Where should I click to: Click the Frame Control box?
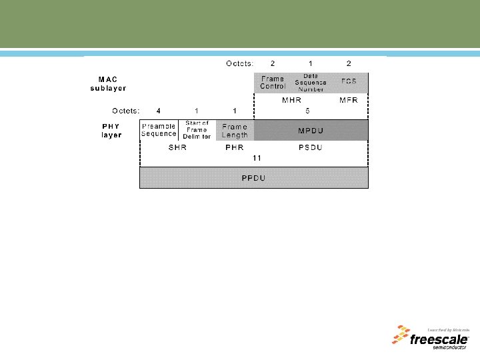click(x=273, y=83)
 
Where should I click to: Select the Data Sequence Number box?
click(x=310, y=83)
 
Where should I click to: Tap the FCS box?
click(x=349, y=83)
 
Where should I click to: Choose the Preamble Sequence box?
click(x=159, y=129)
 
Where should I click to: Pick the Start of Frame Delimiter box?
click(x=197, y=129)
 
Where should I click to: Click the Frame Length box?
click(x=235, y=129)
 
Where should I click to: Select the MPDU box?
click(x=311, y=129)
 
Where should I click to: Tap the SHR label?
click(x=177, y=147)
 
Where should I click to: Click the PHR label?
click(x=234, y=147)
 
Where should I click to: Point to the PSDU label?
click(x=311, y=147)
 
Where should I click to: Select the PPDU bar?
click(x=253, y=178)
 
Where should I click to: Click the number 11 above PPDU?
click(x=257, y=159)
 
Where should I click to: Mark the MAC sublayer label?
click(x=109, y=83)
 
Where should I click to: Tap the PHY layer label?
click(x=111, y=130)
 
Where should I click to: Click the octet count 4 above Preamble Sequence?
click(x=158, y=111)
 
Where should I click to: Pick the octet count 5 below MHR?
click(x=307, y=111)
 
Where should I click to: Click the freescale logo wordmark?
click(x=437, y=339)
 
